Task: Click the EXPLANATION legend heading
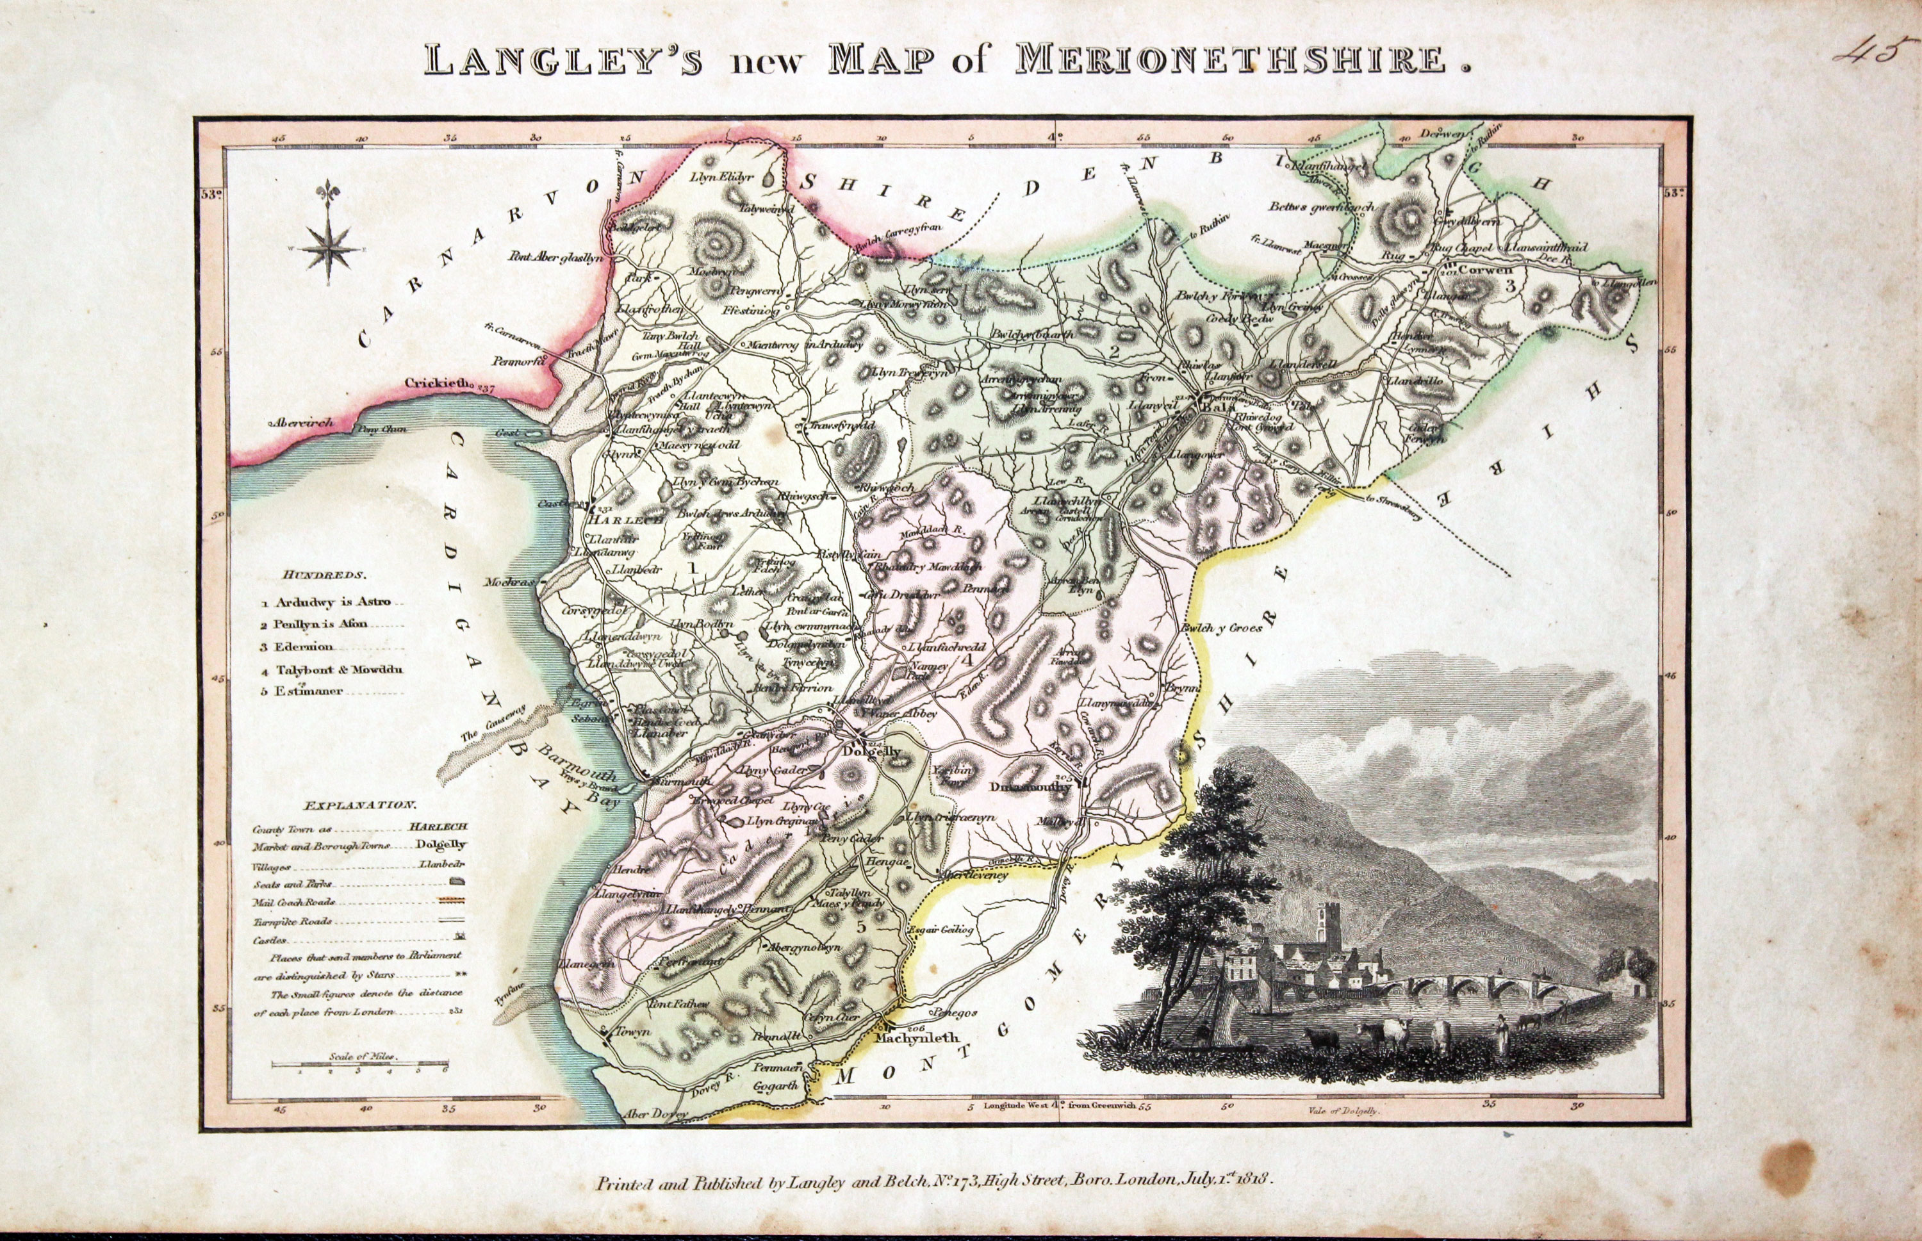(x=360, y=805)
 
